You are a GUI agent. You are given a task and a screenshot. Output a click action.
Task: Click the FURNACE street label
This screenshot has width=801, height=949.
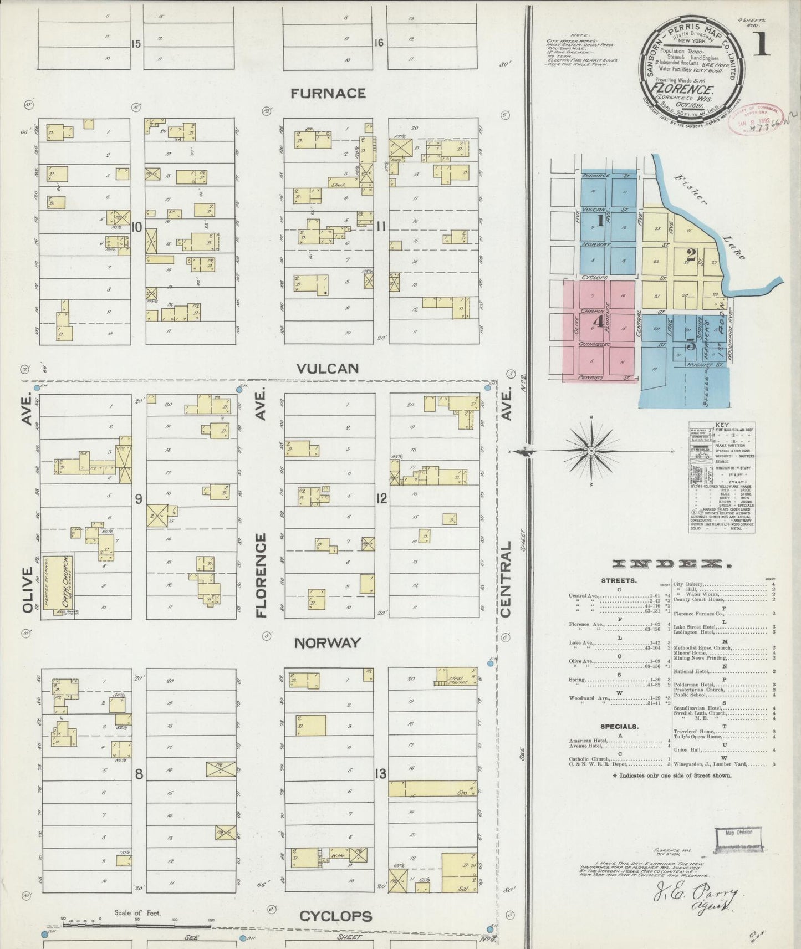(x=328, y=93)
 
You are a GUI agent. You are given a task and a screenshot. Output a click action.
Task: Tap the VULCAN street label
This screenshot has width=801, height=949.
(x=327, y=368)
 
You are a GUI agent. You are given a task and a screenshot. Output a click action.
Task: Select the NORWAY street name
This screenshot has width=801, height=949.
(x=327, y=642)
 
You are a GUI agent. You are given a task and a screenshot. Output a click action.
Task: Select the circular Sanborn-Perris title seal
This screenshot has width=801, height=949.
(x=688, y=60)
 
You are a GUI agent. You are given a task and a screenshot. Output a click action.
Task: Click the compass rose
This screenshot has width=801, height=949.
(x=591, y=451)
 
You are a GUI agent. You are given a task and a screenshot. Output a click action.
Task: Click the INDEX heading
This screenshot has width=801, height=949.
(x=670, y=565)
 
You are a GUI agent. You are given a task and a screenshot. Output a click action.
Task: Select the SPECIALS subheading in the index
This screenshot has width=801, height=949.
(x=620, y=726)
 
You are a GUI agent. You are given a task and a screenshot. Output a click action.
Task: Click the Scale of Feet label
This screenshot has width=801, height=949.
(x=137, y=912)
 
